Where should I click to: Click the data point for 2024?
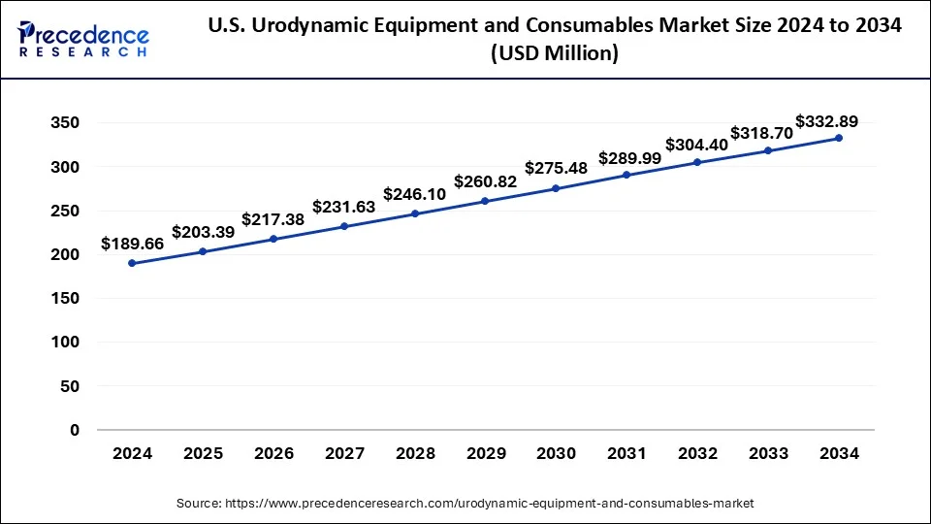(131, 263)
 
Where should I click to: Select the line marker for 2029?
(485, 201)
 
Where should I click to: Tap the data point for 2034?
(839, 138)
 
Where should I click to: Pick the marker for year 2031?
(626, 175)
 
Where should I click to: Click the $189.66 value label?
(131, 245)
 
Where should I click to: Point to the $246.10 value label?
(414, 194)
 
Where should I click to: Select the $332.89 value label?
(826, 121)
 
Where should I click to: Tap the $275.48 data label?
(556, 168)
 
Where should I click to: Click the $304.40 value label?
(696, 145)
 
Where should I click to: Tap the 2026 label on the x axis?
(273, 453)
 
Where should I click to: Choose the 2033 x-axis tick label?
(768, 453)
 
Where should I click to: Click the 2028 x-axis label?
(414, 453)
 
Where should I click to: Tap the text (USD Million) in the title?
(555, 54)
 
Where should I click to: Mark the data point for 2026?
(273, 239)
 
